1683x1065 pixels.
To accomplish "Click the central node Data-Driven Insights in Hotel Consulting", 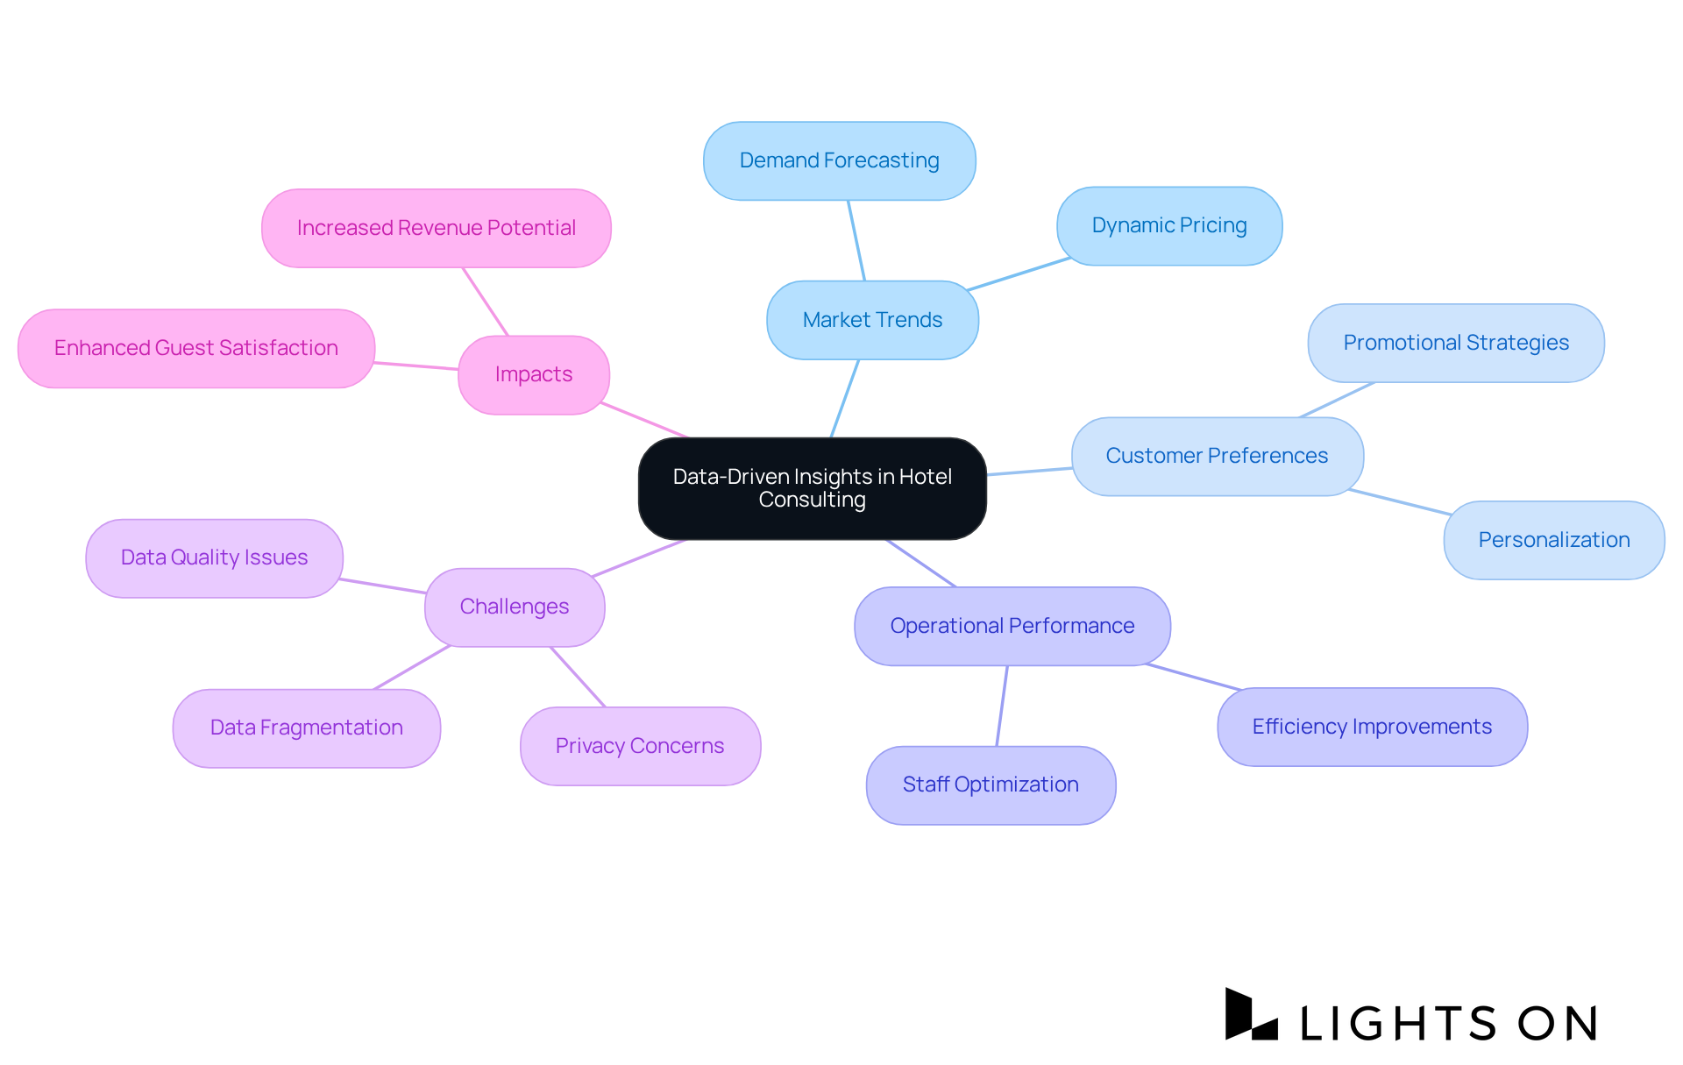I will (x=812, y=488).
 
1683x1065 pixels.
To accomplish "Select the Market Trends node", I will (x=872, y=320).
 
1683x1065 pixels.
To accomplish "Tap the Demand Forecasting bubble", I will (x=839, y=160).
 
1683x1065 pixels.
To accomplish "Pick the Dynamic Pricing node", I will (x=1169, y=225).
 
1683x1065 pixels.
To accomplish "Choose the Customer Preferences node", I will (x=1217, y=456).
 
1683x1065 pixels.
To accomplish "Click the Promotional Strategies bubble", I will (x=1455, y=343).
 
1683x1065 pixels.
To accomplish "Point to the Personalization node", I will (x=1553, y=540).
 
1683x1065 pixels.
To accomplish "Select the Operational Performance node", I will (x=1012, y=626).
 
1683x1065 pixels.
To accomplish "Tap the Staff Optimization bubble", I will (x=991, y=785).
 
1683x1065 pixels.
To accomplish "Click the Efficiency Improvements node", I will (x=1372, y=727).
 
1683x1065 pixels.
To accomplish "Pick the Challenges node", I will (x=515, y=607).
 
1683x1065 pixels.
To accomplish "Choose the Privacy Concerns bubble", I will (x=640, y=746).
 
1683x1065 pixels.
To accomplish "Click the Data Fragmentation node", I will (x=306, y=728).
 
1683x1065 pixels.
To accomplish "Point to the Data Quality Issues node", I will (x=214, y=557).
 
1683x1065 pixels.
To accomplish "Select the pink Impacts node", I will (x=533, y=374).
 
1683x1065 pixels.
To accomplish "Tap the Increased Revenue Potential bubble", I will (x=436, y=228).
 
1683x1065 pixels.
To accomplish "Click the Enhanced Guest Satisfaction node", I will (x=195, y=348).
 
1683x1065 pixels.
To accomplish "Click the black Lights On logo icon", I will (x=1249, y=1015).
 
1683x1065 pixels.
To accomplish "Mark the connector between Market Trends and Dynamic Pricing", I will (x=1019, y=273).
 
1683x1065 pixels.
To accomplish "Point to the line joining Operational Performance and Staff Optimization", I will (x=1002, y=706).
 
